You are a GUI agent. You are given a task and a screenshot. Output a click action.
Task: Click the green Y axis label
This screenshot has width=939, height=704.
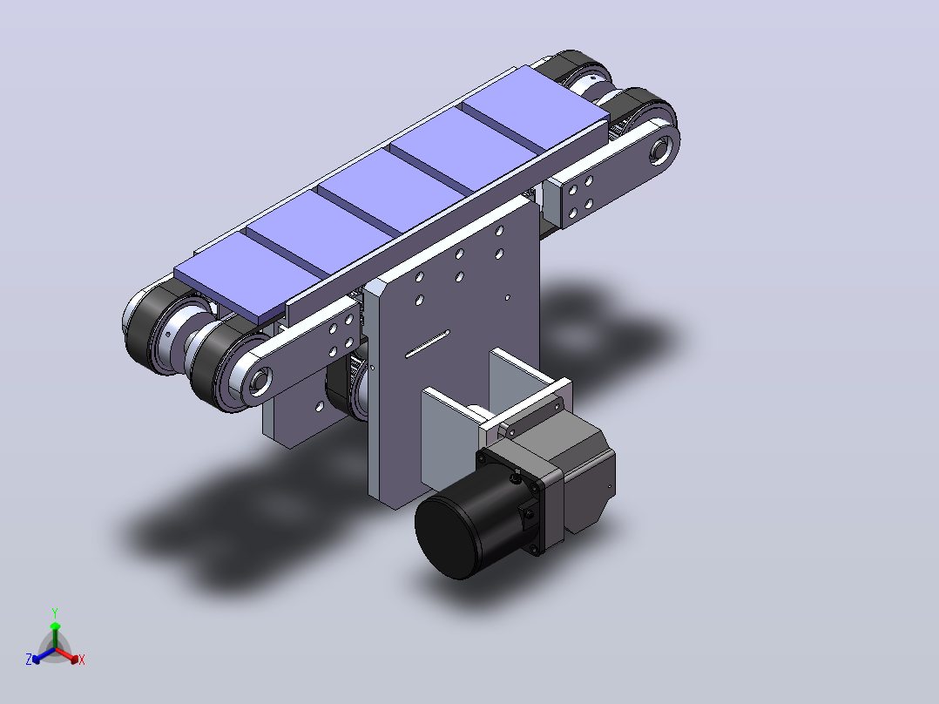pos(55,613)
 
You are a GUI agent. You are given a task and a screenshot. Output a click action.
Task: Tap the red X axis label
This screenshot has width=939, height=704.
pos(82,660)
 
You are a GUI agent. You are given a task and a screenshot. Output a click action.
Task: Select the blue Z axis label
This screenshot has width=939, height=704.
pos(29,659)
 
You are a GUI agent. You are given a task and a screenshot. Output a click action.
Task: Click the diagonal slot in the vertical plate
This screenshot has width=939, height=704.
pos(427,344)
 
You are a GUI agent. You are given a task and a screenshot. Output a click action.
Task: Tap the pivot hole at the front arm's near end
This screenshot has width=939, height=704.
pos(260,381)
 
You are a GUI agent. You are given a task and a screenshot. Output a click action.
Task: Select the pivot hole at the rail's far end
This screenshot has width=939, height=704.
pos(660,149)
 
